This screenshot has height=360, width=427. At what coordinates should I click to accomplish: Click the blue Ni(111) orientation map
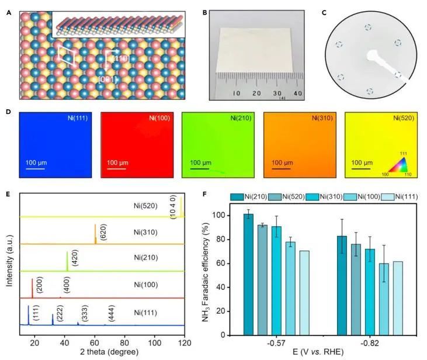[x=54, y=146]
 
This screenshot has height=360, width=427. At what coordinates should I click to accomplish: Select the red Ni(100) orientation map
[x=136, y=146]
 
